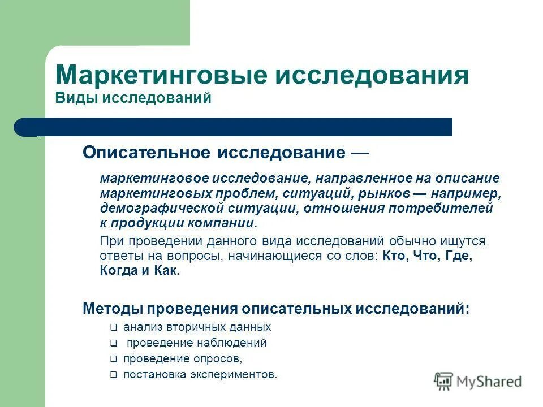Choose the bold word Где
coord(457,256)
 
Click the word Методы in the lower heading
coord(113,309)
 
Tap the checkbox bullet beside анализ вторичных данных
coord(113,327)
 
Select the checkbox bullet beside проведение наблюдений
coord(113,343)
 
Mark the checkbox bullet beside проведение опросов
coord(113,359)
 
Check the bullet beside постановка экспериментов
coord(113,375)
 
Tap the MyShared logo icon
coord(444,381)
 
